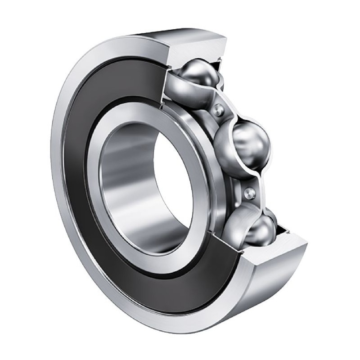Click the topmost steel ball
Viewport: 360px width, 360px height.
point(198,74)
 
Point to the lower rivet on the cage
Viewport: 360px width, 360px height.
point(248,192)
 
